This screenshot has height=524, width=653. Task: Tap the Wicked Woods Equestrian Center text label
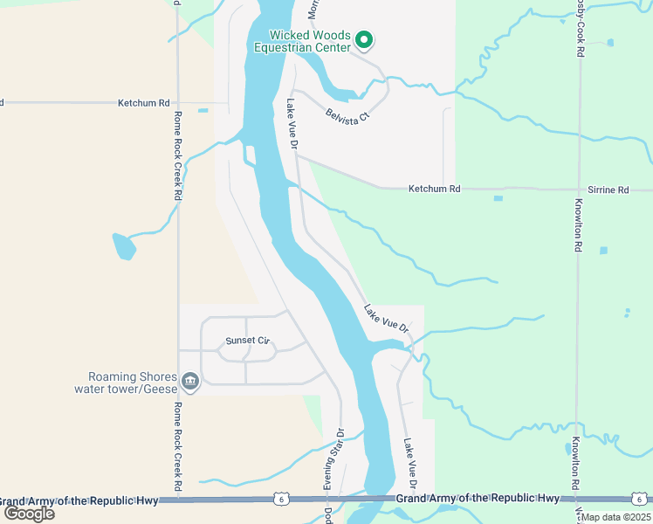tap(308, 41)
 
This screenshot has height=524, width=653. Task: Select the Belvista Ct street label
tap(347, 114)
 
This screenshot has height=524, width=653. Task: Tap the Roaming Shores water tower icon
tap(189, 382)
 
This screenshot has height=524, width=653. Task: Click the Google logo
tap(28, 513)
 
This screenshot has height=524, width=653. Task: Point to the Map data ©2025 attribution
tap(615, 517)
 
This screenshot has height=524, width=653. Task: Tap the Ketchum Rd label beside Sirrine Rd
tap(434, 189)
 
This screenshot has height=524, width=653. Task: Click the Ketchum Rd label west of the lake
tap(143, 103)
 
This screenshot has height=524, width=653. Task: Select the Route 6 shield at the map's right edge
tap(638, 499)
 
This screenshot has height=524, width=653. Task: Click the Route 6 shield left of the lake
tap(280, 499)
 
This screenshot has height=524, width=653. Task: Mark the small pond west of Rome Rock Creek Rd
tap(123, 247)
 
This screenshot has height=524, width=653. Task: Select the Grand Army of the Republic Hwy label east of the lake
tap(477, 498)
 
